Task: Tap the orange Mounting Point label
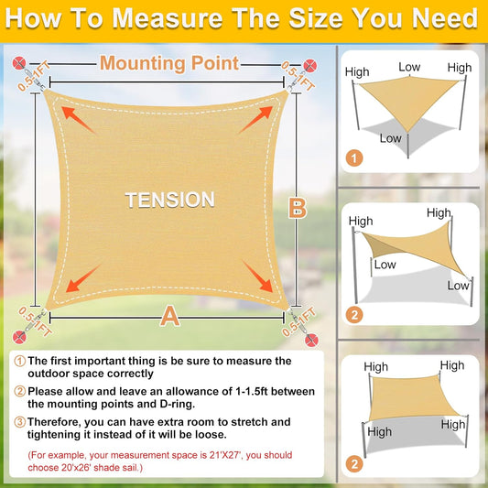[169, 63]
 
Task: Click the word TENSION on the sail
[169, 199]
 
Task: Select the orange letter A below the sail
[169, 316]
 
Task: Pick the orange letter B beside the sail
[297, 208]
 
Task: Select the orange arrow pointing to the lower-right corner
[255, 274]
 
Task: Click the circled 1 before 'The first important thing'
[18, 362]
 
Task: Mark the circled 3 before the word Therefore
[18, 422]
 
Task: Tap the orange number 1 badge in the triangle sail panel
[354, 158]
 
